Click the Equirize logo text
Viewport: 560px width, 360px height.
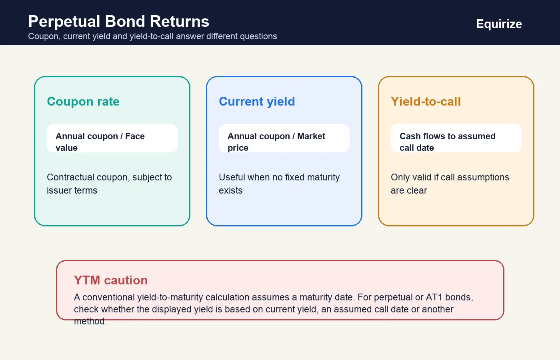coord(499,24)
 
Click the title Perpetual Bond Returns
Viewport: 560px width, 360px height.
coord(119,21)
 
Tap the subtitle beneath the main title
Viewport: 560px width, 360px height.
coord(152,36)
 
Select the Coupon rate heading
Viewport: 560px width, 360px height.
coord(83,102)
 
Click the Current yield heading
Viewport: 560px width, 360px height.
coord(257,102)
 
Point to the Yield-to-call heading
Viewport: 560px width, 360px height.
coord(426,102)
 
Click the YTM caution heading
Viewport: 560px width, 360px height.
coord(111,280)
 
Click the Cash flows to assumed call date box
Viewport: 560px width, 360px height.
coord(456,138)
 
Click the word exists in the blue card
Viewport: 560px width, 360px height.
coord(230,190)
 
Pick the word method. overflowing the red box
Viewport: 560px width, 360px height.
coord(90,321)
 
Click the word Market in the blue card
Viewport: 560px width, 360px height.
coord(311,136)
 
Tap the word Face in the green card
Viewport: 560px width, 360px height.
coord(135,136)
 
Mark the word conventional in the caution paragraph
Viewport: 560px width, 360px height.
coord(109,297)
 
